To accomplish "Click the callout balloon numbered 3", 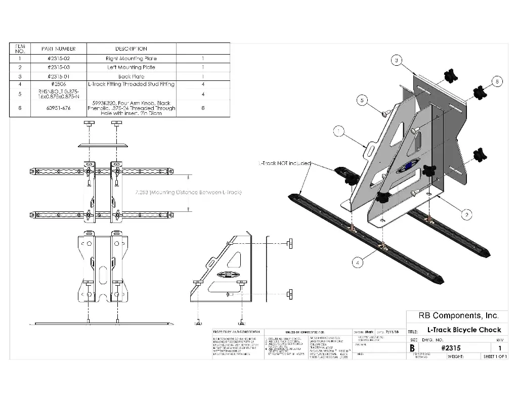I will (x=397, y=61).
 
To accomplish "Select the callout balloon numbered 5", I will (x=362, y=100).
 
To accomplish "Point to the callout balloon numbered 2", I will (x=466, y=214).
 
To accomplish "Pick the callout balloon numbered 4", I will (x=358, y=262).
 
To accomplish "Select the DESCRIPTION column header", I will (x=131, y=49).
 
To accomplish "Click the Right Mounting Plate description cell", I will (x=131, y=59).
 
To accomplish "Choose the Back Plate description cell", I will (x=131, y=76).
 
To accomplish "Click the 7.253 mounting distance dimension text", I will (x=189, y=193).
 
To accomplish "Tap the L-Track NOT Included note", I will (x=284, y=163).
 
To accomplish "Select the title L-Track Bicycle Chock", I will (x=460, y=330).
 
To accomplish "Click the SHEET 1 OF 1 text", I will (x=495, y=357).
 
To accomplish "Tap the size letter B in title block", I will (x=412, y=348).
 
